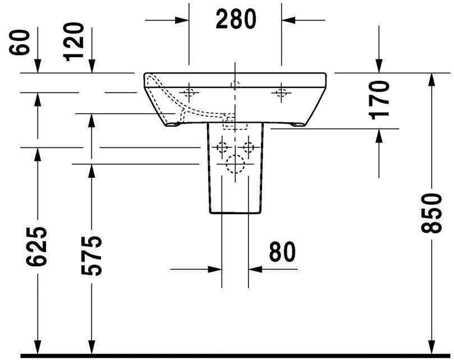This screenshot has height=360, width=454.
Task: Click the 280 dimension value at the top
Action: tap(235, 20)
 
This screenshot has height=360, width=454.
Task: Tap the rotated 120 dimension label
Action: tap(75, 42)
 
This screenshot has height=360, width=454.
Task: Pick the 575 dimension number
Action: tap(91, 255)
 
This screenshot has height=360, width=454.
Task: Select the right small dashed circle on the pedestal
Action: tap(247, 148)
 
